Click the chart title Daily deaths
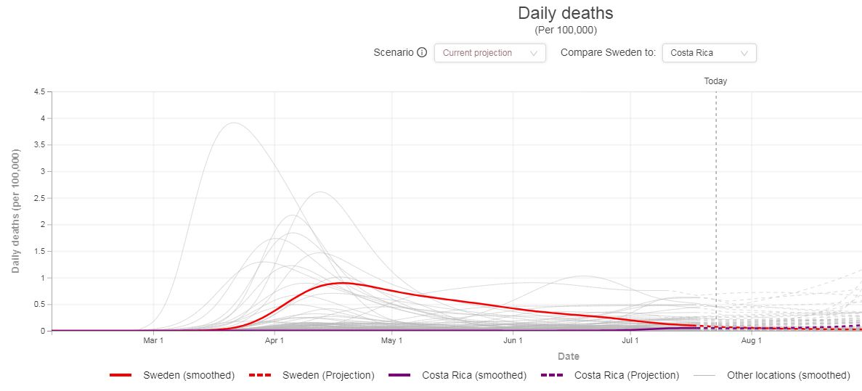pyautogui.click(x=566, y=12)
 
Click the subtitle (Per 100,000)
pyautogui.click(x=566, y=30)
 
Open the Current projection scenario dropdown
pyautogui.click(x=490, y=53)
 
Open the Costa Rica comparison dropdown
pyautogui.click(x=709, y=53)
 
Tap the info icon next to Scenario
pyautogui.click(x=422, y=53)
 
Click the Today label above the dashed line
pyautogui.click(x=715, y=81)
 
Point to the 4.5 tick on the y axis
pyautogui.click(x=40, y=91)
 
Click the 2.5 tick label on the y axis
pyautogui.click(x=40, y=198)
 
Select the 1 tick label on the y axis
pyautogui.click(x=43, y=278)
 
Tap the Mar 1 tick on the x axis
pyautogui.click(x=153, y=341)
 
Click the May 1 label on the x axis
pyautogui.click(x=391, y=341)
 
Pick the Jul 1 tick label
pyautogui.click(x=630, y=341)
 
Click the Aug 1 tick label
pyautogui.click(x=752, y=341)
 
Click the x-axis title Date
pyautogui.click(x=569, y=356)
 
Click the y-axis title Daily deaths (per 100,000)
pyautogui.click(x=16, y=211)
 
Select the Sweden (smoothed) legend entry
pyautogui.click(x=172, y=376)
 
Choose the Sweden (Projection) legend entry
pyautogui.click(x=312, y=376)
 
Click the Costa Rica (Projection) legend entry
pyautogui.click(x=610, y=376)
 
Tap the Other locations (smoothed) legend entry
pyautogui.click(x=772, y=376)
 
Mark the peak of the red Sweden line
pyautogui.click(x=342, y=283)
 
